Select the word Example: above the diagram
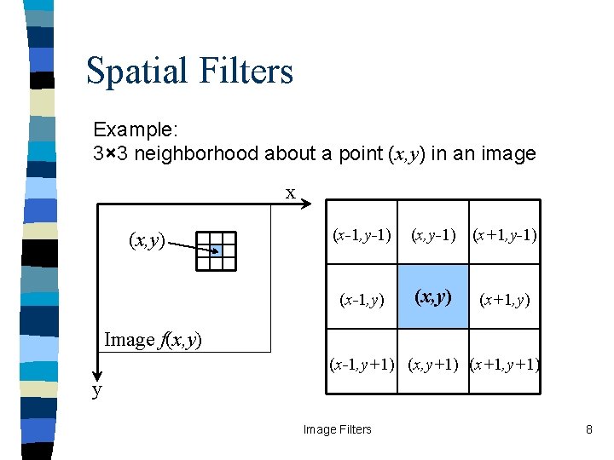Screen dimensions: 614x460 click(136, 130)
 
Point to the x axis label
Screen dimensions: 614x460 click(291, 193)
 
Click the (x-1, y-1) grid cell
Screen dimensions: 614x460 click(362, 233)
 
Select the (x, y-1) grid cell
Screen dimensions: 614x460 click(433, 233)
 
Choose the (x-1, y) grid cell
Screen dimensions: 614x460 click(362, 299)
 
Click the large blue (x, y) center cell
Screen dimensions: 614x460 click(433, 296)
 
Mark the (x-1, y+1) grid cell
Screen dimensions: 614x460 click(362, 365)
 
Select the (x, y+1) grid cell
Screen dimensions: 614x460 click(433, 365)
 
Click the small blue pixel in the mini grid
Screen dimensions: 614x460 click(216, 251)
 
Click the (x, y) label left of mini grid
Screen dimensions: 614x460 click(147, 241)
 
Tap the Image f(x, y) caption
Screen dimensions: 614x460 click(153, 340)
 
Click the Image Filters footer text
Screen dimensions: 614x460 click(338, 429)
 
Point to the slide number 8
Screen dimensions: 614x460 click(588, 429)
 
